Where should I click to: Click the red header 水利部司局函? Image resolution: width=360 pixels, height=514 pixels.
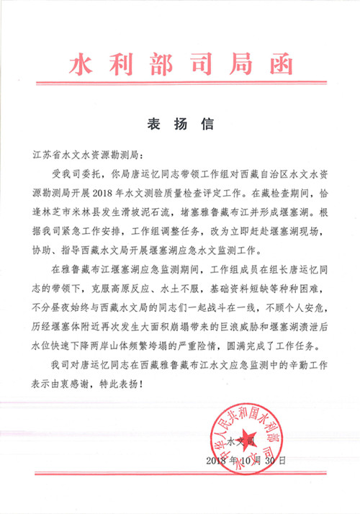pyautogui.click(x=181, y=66)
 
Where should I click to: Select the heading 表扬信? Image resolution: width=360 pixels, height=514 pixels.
pyautogui.click(x=180, y=124)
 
